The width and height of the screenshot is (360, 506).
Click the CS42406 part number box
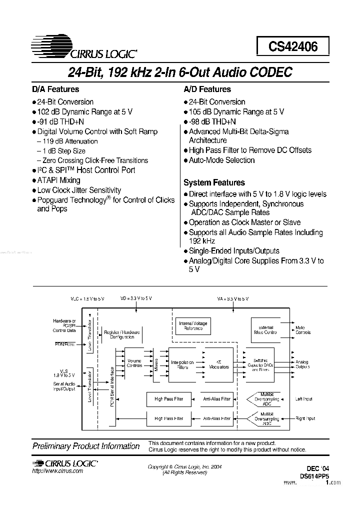pyautogui.click(x=293, y=47)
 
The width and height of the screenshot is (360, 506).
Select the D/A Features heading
pyautogui.click(x=55, y=89)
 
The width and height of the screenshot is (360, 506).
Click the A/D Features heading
pyautogui.click(x=207, y=89)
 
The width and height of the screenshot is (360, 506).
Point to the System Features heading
pyautogui.click(x=214, y=183)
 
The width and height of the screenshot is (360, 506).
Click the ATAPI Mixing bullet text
pyautogui.click(x=58, y=180)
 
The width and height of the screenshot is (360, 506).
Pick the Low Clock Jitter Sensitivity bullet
pyautogui.click(x=79, y=190)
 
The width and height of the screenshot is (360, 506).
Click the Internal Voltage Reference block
pyautogui.click(x=192, y=326)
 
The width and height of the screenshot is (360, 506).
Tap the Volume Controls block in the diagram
pyautogui.click(x=134, y=363)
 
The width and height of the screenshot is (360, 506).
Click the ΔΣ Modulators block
pyautogui.click(x=218, y=364)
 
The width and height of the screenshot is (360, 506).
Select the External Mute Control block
pyautogui.click(x=263, y=329)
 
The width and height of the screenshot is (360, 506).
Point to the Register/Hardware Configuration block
pyautogui.click(x=122, y=334)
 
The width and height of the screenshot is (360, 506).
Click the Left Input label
pyautogui.click(x=304, y=399)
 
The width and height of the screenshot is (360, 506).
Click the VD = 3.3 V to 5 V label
pyautogui.click(x=136, y=298)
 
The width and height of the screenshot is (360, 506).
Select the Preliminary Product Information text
pyautogui.click(x=86, y=446)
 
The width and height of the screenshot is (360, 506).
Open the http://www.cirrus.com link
pyautogui.click(x=57, y=472)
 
